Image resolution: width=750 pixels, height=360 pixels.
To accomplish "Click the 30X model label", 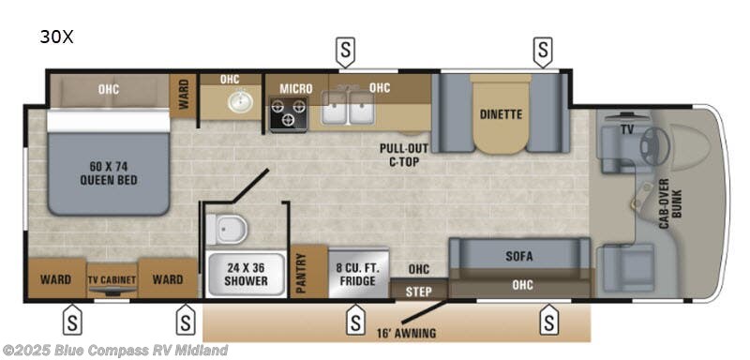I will [x=56, y=37].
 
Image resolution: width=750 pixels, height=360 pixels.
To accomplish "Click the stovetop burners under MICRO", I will [x=289, y=114].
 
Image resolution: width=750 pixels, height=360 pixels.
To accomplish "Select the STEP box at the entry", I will [x=419, y=291].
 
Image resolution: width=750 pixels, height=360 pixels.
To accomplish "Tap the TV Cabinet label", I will [x=112, y=279].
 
